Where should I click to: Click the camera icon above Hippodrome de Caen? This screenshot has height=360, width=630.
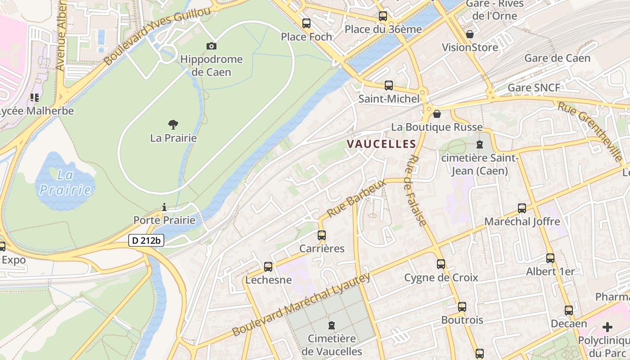point(211,46)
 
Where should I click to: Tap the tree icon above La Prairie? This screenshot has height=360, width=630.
point(173,125)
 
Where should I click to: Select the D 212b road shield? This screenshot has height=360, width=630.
point(147,241)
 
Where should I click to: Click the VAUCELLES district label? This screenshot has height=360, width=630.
point(381,144)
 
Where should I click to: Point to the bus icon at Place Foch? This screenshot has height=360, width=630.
point(306,23)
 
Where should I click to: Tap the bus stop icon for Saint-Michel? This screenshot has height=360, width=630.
point(389,85)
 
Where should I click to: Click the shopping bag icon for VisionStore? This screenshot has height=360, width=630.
point(470,34)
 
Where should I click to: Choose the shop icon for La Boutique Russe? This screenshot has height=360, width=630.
point(436,114)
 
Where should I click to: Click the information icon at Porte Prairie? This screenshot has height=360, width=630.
point(164,207)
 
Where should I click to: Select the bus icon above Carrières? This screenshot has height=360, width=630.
point(322,235)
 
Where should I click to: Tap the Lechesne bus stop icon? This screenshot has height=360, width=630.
point(268,267)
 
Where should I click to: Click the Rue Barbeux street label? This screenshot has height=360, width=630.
point(356,198)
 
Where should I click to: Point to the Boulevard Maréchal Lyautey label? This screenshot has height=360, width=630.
point(301,305)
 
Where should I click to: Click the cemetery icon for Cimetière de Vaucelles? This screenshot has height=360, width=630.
point(332,325)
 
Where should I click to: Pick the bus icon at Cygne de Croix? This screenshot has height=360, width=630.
point(441,264)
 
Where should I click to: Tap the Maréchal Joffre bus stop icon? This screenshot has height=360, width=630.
point(522,208)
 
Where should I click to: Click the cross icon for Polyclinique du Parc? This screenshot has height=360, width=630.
point(607,327)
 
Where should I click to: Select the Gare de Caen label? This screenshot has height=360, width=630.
point(557,58)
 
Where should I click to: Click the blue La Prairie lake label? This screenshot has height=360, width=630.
point(66,182)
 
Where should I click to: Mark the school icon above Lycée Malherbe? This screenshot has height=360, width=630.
point(35,97)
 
